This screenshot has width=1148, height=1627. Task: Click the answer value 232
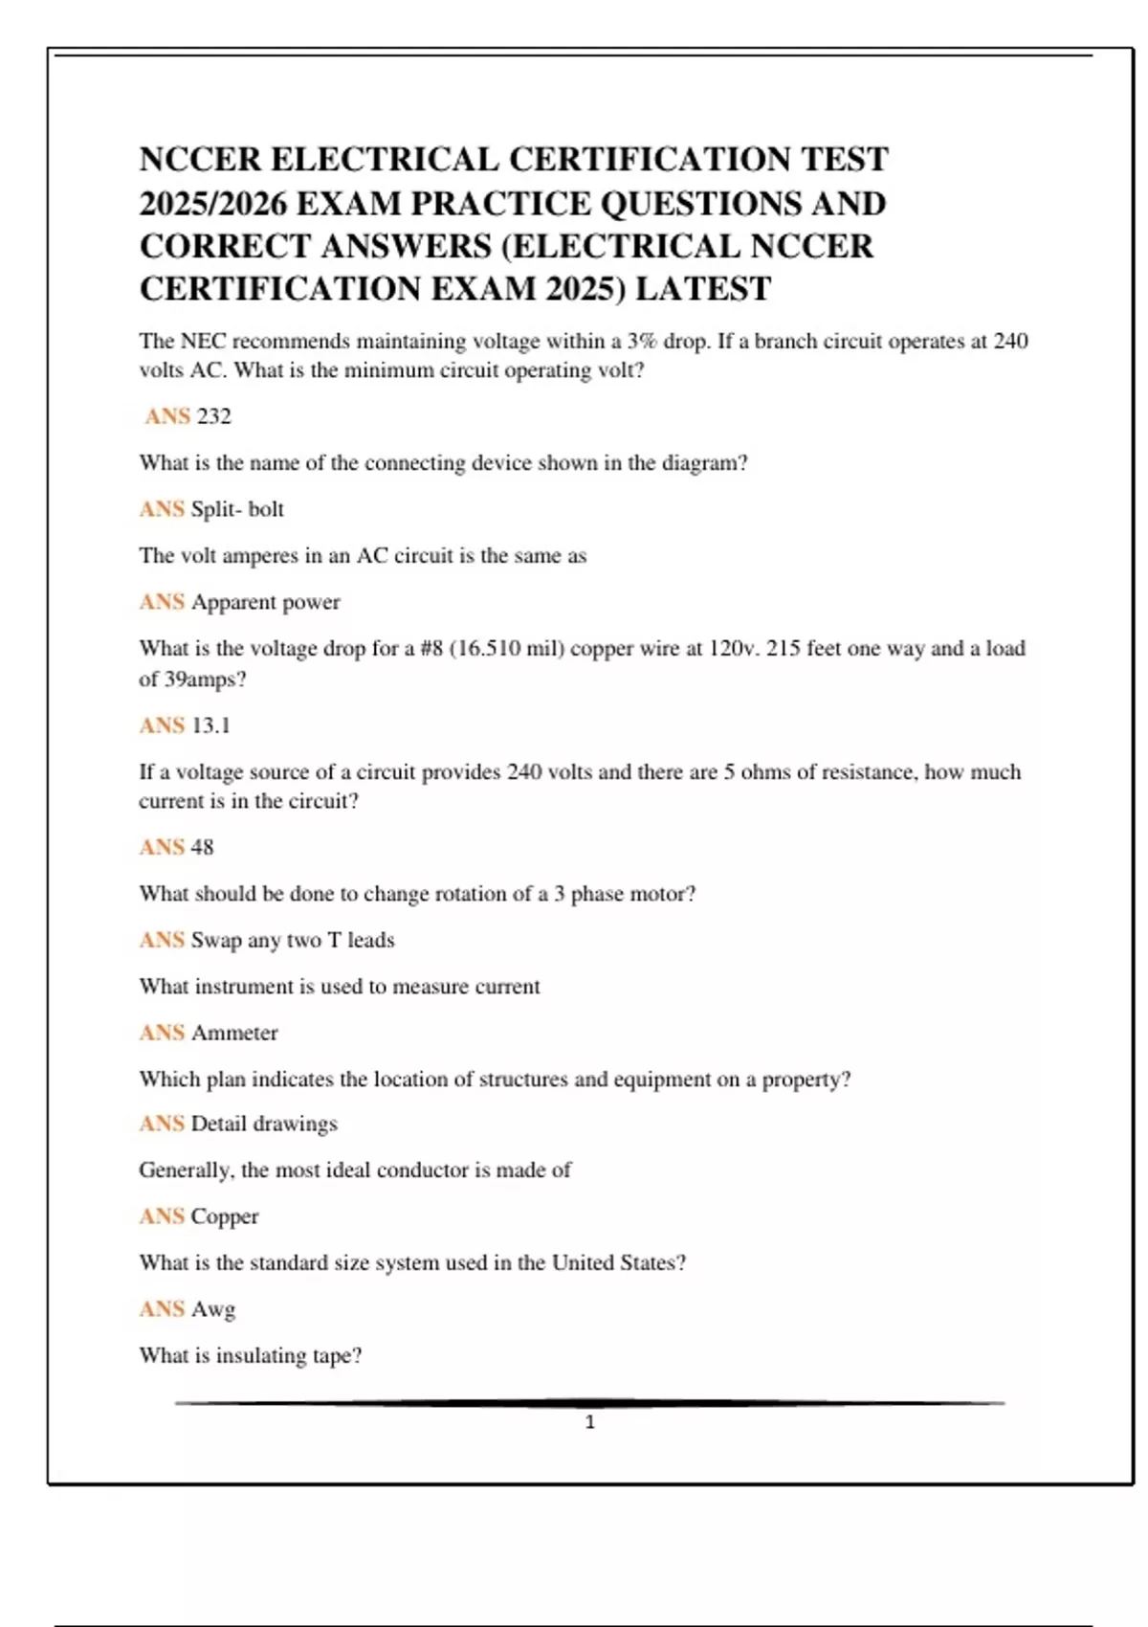214,416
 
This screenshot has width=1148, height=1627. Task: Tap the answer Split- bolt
237,509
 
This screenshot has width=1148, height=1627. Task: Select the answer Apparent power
265,602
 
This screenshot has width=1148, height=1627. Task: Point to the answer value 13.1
210,725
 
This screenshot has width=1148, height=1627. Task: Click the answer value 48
202,847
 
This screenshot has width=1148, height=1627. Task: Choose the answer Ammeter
234,1033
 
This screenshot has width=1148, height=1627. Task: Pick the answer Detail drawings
264,1124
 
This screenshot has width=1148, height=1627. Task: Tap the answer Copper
225,1216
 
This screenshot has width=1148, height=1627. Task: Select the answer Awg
212,1309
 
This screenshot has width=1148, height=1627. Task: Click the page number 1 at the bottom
589,1422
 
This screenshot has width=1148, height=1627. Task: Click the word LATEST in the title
703,289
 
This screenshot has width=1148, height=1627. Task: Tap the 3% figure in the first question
642,342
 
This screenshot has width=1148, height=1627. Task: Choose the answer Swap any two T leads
293,940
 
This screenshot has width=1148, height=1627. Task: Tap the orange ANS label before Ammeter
161,1033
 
